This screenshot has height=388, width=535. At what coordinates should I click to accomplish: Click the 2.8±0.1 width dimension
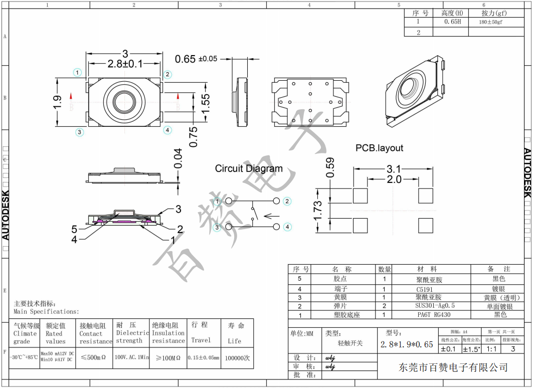pyautogui.click(x=125, y=64)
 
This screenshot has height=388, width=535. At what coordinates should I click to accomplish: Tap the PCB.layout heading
pyautogui.click(x=379, y=148)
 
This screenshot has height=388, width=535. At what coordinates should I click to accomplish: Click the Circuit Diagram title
pyautogui.click(x=249, y=169)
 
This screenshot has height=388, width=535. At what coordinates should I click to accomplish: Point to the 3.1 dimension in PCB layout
pyautogui.click(x=394, y=169)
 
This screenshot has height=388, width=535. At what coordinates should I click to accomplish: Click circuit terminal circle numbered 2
pyautogui.click(x=287, y=201)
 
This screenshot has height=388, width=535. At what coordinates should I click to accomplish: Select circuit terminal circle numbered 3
pyautogui.click(x=218, y=227)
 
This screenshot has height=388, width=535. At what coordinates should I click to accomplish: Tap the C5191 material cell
pyautogui.click(x=426, y=289)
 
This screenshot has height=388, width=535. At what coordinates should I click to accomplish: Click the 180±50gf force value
pyautogui.click(x=490, y=23)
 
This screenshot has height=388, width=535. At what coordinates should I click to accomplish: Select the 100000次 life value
pyautogui.click(x=237, y=358)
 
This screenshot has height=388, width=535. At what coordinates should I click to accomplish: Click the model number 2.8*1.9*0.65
pyautogui.click(x=406, y=344)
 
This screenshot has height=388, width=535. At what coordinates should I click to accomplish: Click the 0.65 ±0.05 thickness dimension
pyautogui.click(x=196, y=59)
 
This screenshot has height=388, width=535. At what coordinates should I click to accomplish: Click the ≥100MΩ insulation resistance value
pyautogui.click(x=167, y=358)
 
